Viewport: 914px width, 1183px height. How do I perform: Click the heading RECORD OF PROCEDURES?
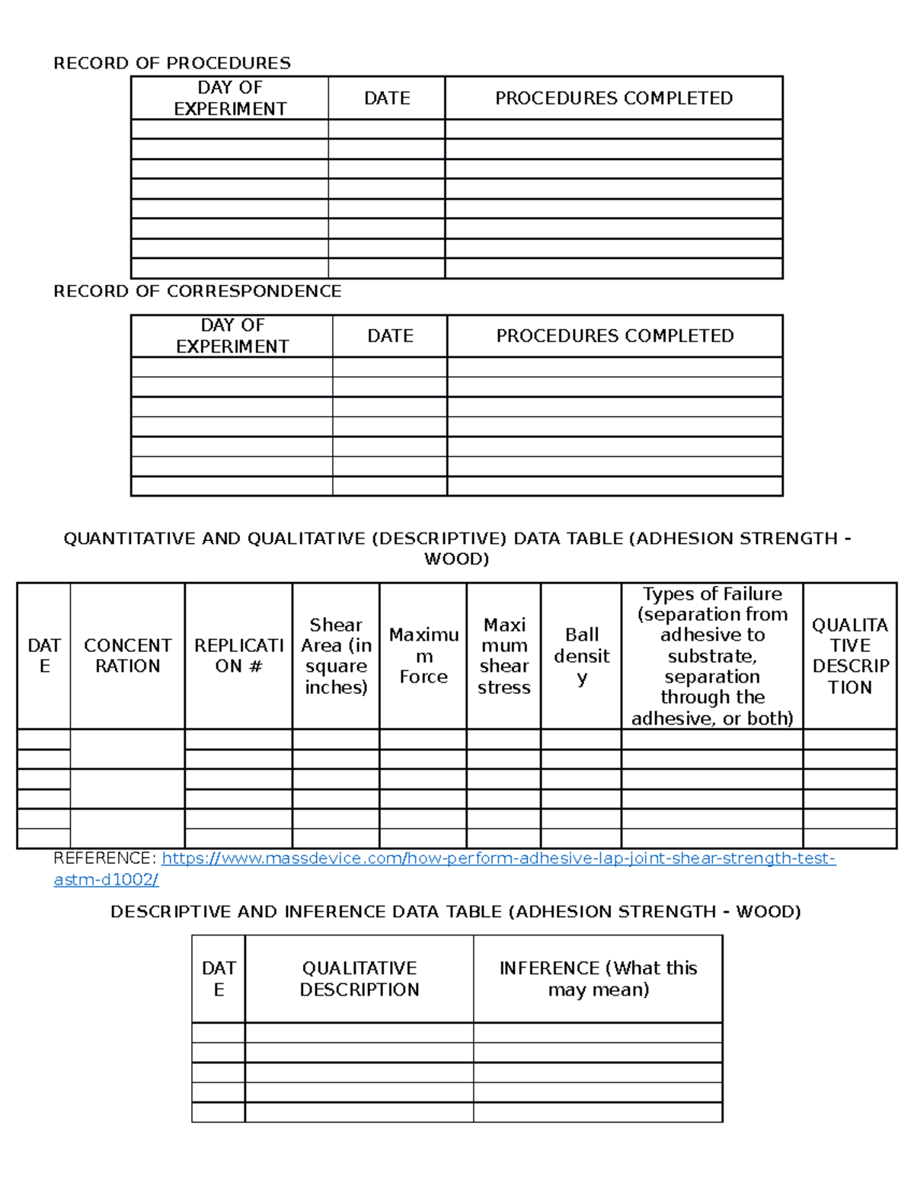point(171,62)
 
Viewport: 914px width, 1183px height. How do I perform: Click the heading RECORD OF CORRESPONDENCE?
point(197,291)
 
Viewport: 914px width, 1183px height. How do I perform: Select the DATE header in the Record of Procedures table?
point(387,98)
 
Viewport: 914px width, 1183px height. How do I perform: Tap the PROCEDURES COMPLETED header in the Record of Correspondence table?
point(615,336)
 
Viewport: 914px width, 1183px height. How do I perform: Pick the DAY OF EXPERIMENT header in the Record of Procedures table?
point(230,98)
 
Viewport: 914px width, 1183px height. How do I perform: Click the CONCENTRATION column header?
point(127,656)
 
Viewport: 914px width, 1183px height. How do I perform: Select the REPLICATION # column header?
point(238,656)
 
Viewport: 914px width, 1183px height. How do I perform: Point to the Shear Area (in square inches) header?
point(336,656)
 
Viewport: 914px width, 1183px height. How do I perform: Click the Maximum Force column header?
point(423,656)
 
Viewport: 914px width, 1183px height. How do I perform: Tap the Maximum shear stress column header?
point(504,656)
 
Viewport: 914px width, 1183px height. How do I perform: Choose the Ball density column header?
point(581,656)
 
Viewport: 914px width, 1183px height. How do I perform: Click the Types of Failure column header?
point(712,656)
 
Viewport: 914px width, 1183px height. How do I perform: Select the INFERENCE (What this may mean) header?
point(598,979)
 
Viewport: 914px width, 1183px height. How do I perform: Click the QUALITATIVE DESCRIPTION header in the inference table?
point(359,979)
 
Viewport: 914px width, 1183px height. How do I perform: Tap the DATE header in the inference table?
point(219,979)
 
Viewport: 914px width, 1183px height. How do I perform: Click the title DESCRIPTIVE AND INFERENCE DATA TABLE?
point(455,912)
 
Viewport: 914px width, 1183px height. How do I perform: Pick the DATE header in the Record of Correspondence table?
point(390,336)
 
